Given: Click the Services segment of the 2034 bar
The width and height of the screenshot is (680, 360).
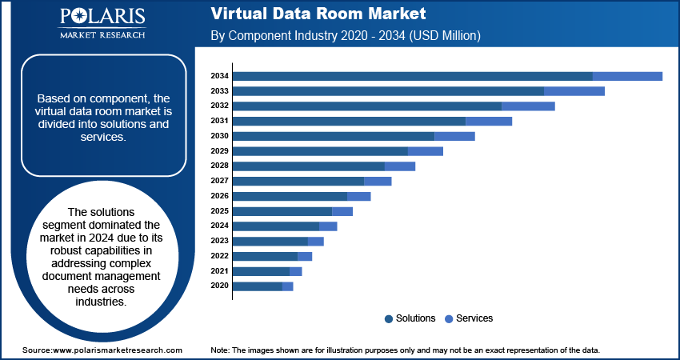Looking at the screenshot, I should click(627, 76).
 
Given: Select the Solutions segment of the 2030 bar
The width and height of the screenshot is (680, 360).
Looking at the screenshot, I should click(334, 136).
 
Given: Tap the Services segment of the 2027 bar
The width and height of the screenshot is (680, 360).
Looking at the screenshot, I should click(378, 181).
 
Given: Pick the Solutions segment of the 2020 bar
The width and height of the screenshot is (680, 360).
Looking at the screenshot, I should click(258, 286).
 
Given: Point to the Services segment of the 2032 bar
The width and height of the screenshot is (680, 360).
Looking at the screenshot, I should click(528, 106).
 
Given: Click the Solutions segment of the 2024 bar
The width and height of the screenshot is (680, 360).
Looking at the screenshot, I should click(276, 226).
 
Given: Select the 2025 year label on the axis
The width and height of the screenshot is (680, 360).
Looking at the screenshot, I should click(220, 211).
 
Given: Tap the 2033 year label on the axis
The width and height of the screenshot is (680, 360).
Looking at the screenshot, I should click(220, 91).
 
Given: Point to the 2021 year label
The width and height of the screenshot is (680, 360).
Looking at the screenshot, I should click(220, 271).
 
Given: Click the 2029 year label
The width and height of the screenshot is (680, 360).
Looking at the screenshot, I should click(220, 151).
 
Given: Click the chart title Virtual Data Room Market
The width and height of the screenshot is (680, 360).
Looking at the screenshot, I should click(318, 14).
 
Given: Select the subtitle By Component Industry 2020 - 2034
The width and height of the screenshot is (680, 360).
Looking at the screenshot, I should click(344, 36).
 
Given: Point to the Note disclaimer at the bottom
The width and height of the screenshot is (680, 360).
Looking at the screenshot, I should click(405, 350).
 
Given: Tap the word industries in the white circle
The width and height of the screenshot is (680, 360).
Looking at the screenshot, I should click(102, 302).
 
